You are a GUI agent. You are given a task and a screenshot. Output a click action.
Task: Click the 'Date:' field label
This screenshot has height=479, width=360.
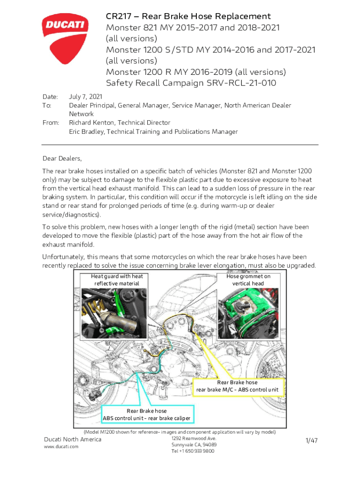tap(50, 97)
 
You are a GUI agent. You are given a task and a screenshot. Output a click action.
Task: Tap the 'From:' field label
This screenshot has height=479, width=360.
tap(51, 123)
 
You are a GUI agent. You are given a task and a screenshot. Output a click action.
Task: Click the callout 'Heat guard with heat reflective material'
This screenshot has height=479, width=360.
tap(117, 280)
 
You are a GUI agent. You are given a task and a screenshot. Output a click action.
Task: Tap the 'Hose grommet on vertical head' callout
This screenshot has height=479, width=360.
tap(248, 280)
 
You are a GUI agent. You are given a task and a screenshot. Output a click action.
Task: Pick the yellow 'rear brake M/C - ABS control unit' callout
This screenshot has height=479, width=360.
tap(238, 386)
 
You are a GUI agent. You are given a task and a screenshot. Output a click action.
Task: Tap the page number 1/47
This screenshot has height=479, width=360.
tap(311, 441)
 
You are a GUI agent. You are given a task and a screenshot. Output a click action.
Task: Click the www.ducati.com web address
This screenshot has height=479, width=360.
tap(61, 447)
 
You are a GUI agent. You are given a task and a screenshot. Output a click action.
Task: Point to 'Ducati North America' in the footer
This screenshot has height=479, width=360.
tap(72, 439)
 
